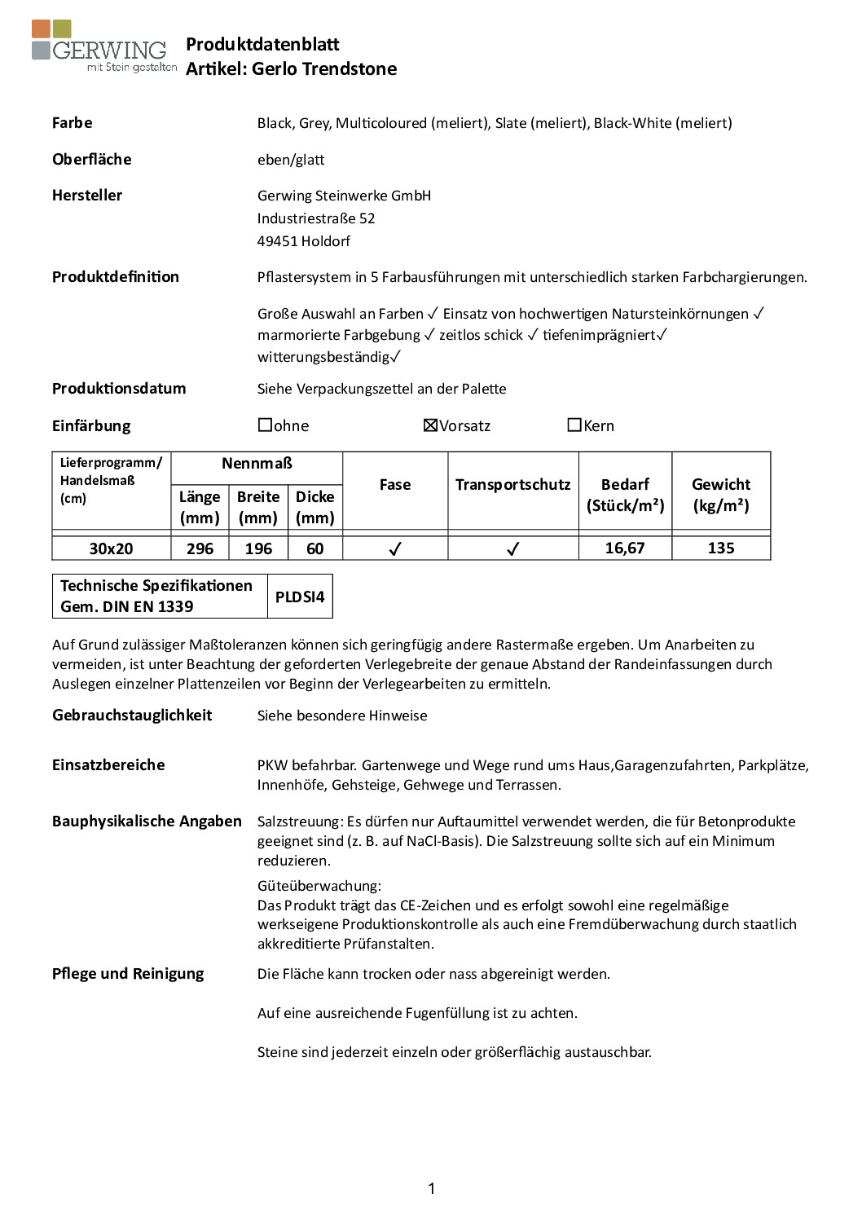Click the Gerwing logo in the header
coord(103,47)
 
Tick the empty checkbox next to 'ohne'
coord(265,425)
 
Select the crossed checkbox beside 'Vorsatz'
coord(430,425)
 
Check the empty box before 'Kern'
coord(574,425)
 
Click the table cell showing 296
coord(200,548)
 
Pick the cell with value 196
coord(258,548)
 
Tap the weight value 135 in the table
coord(721,548)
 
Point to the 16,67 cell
coord(625,548)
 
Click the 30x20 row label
coord(111,548)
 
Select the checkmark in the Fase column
coord(395,549)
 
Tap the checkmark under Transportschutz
coord(512,549)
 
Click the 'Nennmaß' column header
coord(257,464)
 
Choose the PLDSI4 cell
coord(300,597)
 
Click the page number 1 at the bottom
coord(431,1188)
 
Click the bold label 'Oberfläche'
coord(91,159)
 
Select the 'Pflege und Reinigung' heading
coord(128,973)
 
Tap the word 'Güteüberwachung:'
coord(319,885)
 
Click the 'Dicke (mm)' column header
coord(314,507)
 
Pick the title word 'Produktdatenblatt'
coord(262,44)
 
